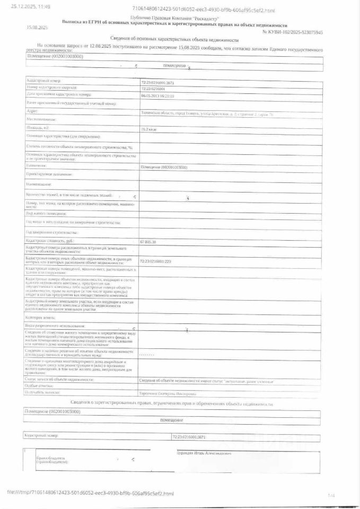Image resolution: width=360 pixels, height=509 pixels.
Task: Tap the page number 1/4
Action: (331, 495)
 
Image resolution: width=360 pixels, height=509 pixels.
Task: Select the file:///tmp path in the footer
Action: (90, 493)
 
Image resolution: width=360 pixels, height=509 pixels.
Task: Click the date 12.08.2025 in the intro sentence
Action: (95, 47)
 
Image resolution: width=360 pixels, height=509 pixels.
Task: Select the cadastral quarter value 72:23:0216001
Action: (153, 89)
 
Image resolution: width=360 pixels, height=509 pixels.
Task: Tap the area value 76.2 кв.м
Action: (148, 129)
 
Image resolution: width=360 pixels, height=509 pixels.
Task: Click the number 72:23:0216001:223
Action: (155, 261)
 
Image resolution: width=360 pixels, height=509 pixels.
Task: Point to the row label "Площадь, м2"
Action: (38, 128)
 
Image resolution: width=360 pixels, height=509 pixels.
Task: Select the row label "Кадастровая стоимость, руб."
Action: (51, 241)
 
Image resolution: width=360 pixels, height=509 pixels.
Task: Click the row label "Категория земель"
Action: (39, 317)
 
